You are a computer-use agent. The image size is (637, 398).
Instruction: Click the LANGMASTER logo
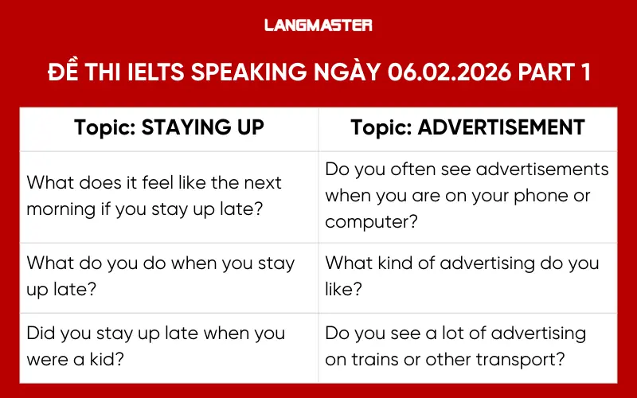pos(318,25)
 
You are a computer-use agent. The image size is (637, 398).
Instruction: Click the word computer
pos(367,222)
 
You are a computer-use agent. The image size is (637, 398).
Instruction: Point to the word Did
pos(42,333)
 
